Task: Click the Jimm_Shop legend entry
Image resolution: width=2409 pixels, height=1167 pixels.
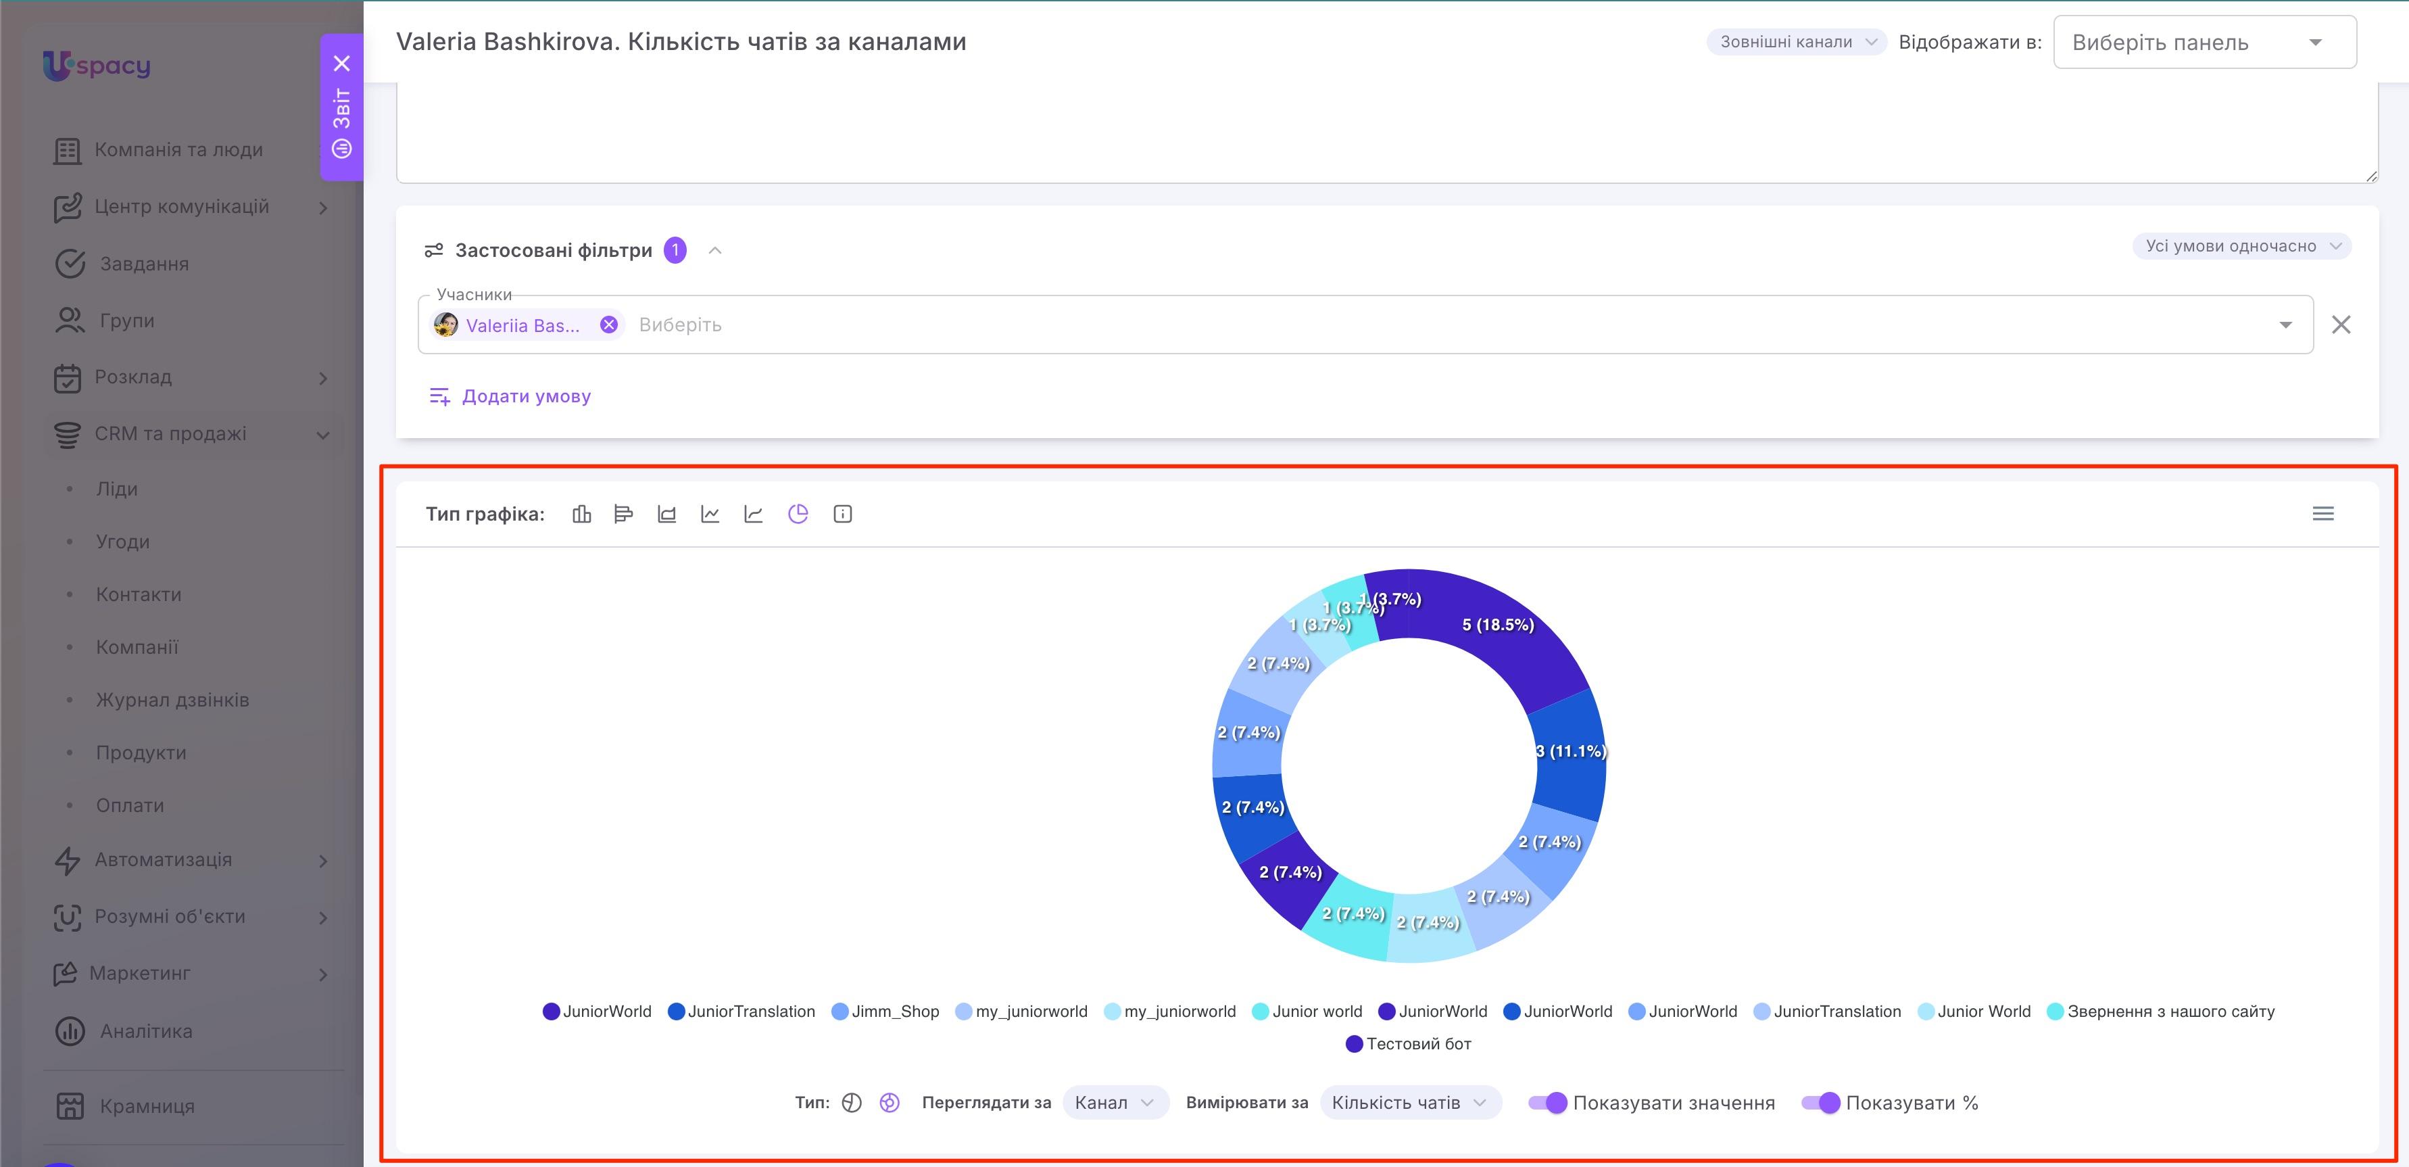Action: [885, 1011]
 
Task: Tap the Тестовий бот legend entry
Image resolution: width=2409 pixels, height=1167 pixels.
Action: [1409, 1043]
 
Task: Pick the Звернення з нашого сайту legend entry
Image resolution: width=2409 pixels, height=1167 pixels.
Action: [2160, 1011]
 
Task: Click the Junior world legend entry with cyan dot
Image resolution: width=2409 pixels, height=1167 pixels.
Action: [1307, 1011]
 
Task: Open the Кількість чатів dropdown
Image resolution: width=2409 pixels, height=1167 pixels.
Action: [1409, 1103]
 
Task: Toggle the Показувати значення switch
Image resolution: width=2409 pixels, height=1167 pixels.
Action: [1548, 1103]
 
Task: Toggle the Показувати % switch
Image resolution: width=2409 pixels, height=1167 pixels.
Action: [1821, 1103]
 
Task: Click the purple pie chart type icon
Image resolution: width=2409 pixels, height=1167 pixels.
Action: [798, 513]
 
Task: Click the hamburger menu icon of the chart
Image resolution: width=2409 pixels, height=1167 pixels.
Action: [2323, 513]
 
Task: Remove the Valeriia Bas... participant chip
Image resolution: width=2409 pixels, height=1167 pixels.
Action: [609, 325]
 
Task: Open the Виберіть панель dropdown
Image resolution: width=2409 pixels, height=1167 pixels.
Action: [2204, 42]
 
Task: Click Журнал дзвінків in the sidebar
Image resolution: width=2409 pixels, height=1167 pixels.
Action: [173, 699]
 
